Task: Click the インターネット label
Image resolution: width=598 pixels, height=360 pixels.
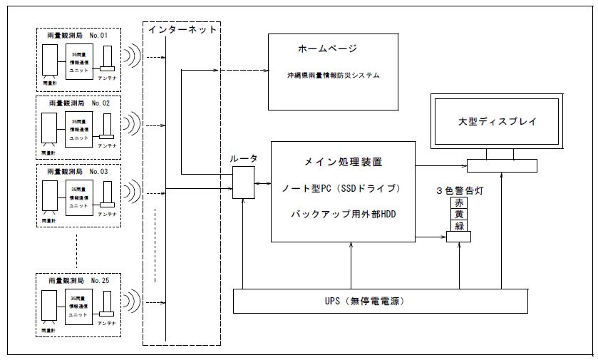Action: click(181, 30)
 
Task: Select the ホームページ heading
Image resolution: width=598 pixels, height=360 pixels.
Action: click(327, 49)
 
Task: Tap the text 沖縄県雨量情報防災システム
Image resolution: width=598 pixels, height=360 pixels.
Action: click(330, 75)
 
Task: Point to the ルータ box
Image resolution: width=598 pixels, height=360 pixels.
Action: click(244, 182)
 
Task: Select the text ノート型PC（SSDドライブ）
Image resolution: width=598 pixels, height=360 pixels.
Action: click(344, 189)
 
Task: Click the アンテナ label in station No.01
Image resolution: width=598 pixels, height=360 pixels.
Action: click(108, 78)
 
